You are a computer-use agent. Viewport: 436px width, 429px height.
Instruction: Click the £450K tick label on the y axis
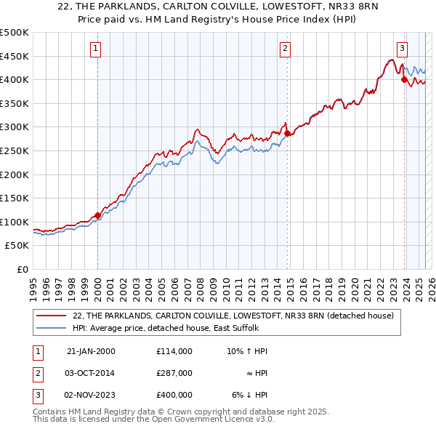(x=15, y=56)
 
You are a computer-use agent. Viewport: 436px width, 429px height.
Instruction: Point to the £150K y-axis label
(x=15, y=198)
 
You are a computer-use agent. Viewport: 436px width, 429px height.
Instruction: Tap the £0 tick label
(x=22, y=269)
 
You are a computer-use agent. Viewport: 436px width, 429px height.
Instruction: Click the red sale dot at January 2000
(x=97, y=214)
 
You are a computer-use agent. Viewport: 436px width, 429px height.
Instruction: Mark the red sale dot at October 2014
(x=287, y=133)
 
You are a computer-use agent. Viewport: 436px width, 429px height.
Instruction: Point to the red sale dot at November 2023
(x=404, y=80)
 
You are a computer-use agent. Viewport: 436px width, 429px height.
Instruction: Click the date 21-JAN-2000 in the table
(x=91, y=351)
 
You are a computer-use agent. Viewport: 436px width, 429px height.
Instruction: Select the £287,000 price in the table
(x=174, y=373)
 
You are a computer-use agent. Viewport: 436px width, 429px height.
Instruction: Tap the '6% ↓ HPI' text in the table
(x=249, y=395)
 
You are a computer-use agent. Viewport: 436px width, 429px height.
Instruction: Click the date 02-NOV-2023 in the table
(x=91, y=395)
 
